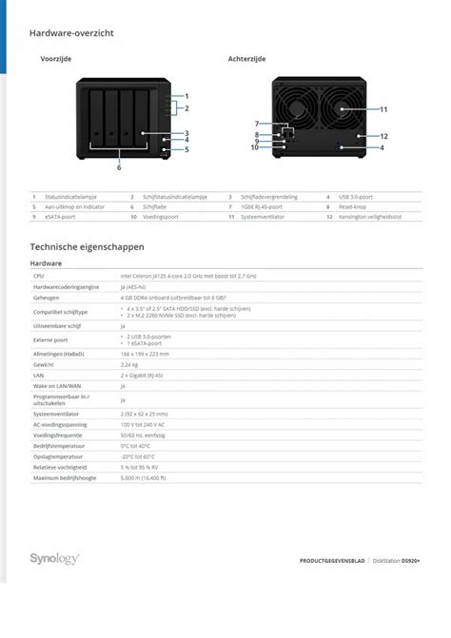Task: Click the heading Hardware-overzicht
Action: [x=71, y=33]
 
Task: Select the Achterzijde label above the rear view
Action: [x=246, y=59]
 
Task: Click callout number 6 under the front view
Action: [x=119, y=167]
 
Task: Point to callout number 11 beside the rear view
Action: [x=383, y=109]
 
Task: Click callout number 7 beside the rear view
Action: [x=256, y=124]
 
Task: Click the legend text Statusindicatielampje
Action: [x=70, y=197]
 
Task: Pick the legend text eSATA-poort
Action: [x=61, y=216]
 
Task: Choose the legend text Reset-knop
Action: [x=353, y=206]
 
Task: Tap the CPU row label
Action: [x=38, y=275]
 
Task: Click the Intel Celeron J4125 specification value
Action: [x=188, y=275]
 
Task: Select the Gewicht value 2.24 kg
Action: [x=130, y=364]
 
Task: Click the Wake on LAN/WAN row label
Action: [x=57, y=386]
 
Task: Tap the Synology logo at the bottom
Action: [x=54, y=559]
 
